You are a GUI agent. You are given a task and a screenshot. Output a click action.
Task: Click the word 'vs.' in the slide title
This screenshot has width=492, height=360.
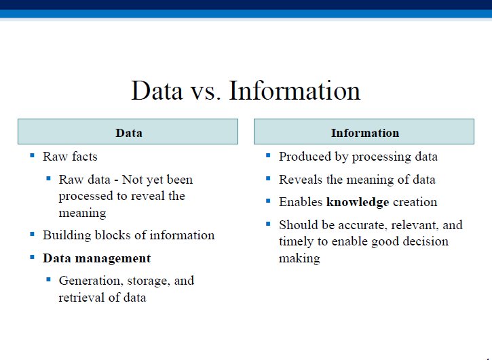(x=205, y=92)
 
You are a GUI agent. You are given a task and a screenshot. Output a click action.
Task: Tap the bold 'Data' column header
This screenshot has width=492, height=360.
(x=129, y=133)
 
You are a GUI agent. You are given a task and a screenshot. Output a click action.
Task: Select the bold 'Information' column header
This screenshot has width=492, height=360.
(x=365, y=133)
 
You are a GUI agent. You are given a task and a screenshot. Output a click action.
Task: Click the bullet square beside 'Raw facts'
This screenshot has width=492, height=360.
(x=32, y=155)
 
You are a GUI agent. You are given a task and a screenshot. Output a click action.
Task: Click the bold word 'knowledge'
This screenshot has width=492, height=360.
(x=358, y=202)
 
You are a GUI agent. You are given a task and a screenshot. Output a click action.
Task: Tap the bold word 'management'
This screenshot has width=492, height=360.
(x=113, y=258)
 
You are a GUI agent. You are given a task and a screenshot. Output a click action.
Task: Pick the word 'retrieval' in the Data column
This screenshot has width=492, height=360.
(x=80, y=297)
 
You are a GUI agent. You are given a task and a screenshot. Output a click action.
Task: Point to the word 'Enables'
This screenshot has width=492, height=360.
(x=301, y=202)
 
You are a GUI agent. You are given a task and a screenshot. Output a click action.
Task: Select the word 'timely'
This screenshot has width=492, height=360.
(x=296, y=242)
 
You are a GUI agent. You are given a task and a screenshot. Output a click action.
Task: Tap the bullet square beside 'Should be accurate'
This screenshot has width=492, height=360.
(x=268, y=224)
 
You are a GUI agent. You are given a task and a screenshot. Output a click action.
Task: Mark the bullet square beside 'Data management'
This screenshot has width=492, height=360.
(x=32, y=257)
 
